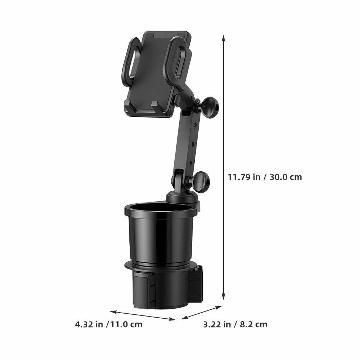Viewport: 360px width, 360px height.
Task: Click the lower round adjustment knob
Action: tap(202, 181)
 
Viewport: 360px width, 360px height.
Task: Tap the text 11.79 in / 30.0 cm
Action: tap(264, 177)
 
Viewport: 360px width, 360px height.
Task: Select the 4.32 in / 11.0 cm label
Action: tap(109, 324)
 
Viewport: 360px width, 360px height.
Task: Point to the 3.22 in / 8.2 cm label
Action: tap(235, 324)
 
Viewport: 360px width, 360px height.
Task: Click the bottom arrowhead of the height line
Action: tap(223, 297)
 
